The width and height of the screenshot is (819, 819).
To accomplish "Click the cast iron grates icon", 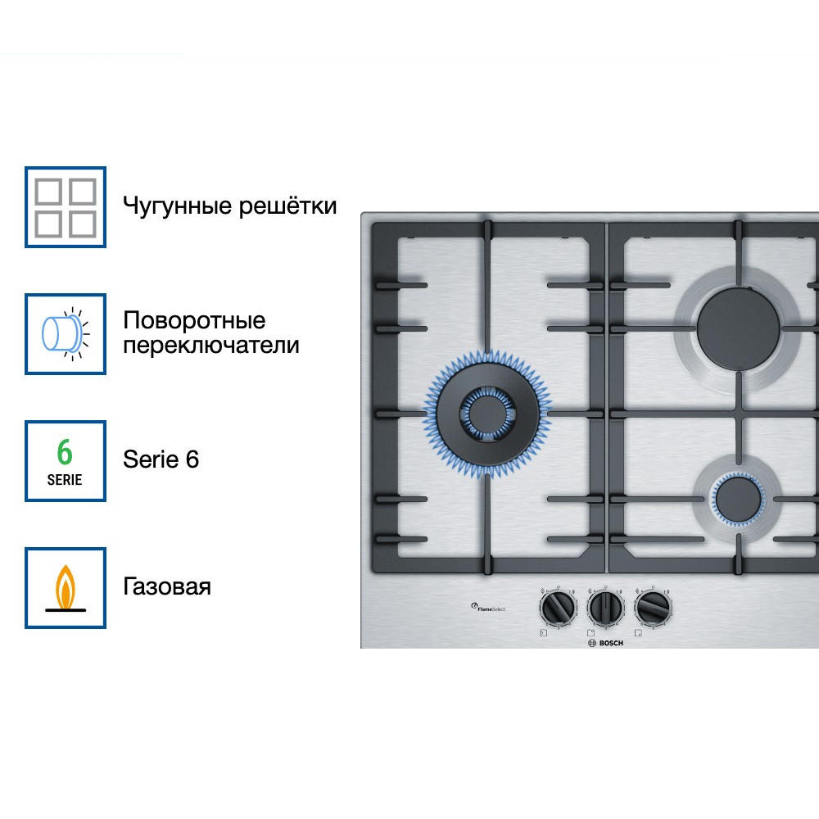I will tap(66, 207).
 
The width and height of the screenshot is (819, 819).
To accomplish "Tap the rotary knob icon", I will tap(66, 334).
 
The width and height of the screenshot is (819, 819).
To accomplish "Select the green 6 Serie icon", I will tap(66, 461).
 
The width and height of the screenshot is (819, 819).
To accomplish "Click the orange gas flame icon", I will tap(66, 588).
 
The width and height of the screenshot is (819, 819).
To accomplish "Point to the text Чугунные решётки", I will tap(229, 206).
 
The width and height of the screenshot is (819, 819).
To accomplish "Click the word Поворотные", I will tap(194, 320).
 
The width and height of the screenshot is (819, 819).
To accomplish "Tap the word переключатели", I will tap(210, 346).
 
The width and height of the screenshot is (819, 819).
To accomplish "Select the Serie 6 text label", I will tap(161, 459).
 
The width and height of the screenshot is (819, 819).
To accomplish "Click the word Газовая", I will tap(167, 586).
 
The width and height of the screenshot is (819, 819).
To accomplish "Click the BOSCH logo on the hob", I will tap(605, 643).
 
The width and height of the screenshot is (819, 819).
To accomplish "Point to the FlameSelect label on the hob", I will tap(491, 607).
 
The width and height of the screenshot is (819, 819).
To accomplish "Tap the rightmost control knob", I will tap(653, 608).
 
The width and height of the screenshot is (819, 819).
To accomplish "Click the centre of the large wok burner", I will tap(486, 407).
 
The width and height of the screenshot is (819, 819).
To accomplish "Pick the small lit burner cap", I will tap(736, 497).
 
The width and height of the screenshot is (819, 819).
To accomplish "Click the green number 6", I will tap(65, 452).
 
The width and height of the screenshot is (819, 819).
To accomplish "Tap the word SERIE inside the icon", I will tap(65, 480).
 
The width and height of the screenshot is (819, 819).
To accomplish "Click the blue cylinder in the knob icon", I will tap(59, 334).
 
